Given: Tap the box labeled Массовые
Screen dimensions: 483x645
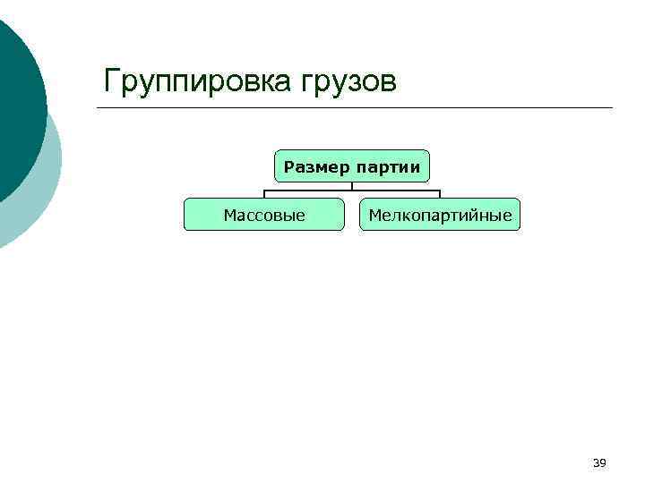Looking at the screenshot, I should (264, 215).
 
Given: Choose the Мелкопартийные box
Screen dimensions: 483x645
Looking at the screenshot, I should (440, 215).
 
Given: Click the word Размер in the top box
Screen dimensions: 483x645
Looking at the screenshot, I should (316, 166).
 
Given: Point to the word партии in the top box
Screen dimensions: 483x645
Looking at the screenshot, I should (388, 166).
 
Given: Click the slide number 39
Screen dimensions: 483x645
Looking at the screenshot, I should (599, 462).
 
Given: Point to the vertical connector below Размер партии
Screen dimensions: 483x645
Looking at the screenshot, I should (352, 186).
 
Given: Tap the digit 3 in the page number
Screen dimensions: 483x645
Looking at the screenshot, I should (596, 462).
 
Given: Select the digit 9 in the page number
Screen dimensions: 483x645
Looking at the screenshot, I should (603, 462).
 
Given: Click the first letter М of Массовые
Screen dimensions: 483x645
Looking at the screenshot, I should (228, 215).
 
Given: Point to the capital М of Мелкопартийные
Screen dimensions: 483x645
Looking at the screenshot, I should (374, 215).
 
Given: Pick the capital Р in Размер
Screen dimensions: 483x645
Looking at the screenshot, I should (288, 166).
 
